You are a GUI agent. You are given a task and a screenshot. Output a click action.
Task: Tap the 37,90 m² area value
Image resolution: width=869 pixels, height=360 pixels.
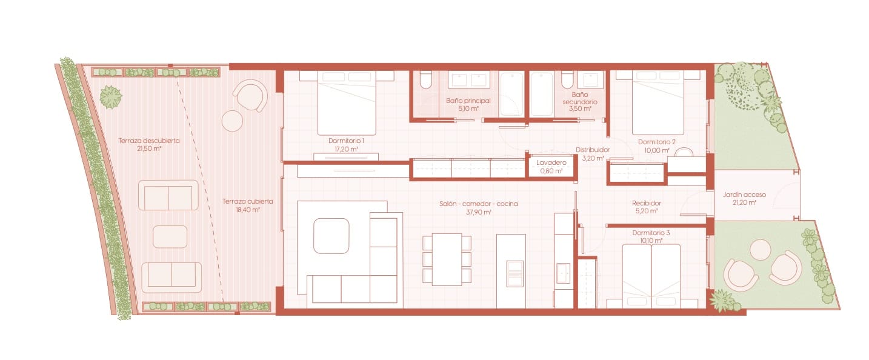pos(479,213)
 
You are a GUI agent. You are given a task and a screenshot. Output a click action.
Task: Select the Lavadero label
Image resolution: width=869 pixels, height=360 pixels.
pos(551,163)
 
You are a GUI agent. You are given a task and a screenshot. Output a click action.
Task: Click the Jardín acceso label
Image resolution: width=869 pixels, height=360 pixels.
pos(744,195)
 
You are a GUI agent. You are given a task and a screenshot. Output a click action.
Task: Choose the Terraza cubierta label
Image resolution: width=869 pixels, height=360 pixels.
pos(247,201)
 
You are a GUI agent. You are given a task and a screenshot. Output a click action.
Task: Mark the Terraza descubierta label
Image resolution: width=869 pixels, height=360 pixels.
pos(149,141)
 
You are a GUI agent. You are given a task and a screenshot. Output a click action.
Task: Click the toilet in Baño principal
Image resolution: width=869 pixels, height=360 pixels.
pos(425,82)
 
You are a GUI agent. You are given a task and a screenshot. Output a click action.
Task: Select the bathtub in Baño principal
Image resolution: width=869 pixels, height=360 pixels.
pos(512,94)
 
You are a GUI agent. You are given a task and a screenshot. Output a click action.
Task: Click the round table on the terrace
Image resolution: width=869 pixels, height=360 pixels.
pos(232,121)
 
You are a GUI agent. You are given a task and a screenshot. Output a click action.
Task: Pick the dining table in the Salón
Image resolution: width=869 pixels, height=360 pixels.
pos(447,259)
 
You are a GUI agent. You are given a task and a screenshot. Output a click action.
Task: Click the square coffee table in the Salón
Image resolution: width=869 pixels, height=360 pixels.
pos(331,236)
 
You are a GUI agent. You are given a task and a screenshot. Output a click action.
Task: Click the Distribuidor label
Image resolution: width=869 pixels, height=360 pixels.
pos(592,150)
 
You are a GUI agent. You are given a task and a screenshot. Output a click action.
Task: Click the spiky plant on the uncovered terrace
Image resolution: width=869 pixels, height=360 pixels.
pos(111,96)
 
